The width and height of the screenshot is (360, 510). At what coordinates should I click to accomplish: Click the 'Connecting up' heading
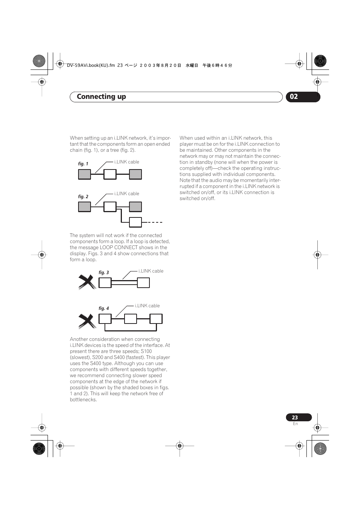tap(101, 97)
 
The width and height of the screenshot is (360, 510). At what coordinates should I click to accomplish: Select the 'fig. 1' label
tap(83, 164)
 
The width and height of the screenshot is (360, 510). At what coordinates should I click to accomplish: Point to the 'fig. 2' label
tap(83, 197)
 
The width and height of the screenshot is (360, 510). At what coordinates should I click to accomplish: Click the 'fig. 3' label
tap(104, 273)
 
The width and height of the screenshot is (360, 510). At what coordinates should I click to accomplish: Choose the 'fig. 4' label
tap(104, 308)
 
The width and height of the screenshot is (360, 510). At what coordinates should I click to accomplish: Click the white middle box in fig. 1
tap(110, 174)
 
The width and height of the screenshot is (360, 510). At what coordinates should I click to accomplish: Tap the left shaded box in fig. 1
tap(85, 174)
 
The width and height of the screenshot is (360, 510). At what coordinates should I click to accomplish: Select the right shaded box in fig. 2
tap(135, 207)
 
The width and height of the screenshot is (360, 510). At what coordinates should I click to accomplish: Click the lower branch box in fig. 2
tap(135, 222)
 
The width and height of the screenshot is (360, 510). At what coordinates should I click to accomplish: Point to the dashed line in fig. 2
tap(152, 222)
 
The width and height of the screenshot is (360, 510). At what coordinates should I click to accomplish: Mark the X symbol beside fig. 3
tap(87, 282)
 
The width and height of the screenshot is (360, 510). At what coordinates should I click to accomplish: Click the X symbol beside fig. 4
tap(87, 321)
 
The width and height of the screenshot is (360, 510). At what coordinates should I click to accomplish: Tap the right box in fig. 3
tap(143, 283)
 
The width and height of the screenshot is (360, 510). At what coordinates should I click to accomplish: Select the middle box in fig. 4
tap(130, 319)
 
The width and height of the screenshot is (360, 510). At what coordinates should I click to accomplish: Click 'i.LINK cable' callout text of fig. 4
tap(147, 306)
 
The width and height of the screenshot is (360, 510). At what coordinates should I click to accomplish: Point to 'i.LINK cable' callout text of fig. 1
tap(127, 162)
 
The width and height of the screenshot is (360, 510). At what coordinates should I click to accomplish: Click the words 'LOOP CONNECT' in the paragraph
tap(118, 248)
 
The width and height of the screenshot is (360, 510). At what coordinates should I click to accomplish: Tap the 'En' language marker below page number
tap(295, 424)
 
